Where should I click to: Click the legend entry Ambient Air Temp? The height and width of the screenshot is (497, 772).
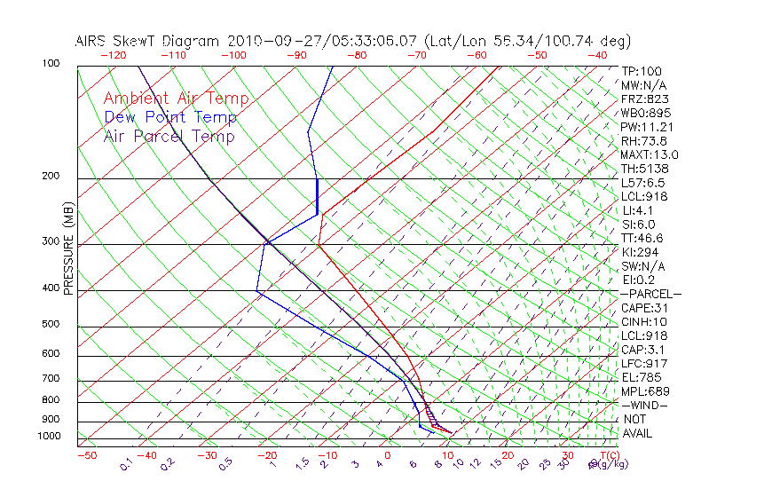[x=176, y=99]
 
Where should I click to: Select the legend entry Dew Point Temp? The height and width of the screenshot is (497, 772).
[x=170, y=117]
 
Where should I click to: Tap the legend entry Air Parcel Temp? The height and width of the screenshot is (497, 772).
[x=169, y=136]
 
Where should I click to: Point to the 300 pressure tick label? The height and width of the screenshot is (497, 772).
[x=51, y=241]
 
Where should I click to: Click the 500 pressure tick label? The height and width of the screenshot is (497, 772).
[x=51, y=325]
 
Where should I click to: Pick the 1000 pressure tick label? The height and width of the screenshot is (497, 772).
[x=49, y=437]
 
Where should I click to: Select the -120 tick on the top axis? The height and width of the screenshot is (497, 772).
[x=112, y=55]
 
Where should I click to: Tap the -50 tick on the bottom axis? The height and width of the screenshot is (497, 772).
[x=86, y=455]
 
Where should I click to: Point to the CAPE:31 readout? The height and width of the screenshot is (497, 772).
[x=644, y=308]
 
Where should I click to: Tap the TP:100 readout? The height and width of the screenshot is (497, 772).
[x=642, y=71]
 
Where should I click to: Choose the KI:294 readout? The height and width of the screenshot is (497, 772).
[x=641, y=252]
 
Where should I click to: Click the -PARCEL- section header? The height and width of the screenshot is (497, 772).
[x=651, y=294]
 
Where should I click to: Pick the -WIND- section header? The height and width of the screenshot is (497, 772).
[x=645, y=405]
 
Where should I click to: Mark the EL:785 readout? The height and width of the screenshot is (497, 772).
[x=641, y=377]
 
